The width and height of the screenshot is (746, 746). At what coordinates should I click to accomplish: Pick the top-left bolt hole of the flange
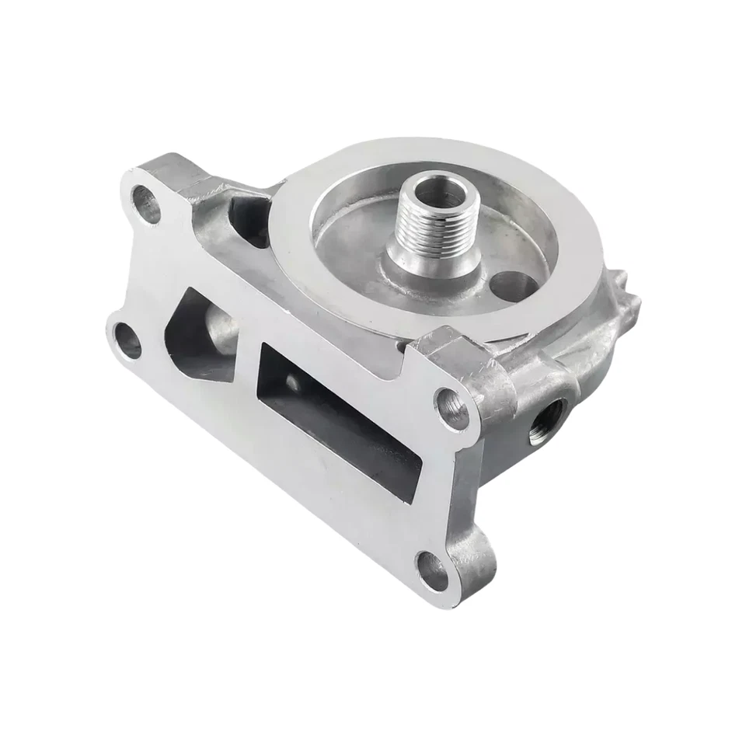coord(145,201)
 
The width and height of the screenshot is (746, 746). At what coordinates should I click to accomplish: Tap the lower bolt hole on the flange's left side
coord(127,340)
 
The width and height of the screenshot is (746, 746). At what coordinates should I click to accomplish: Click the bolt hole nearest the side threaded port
coord(453,407)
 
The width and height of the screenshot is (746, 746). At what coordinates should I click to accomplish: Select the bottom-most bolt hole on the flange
coord(432,570)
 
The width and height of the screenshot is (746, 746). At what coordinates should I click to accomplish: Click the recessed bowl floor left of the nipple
coord(350,233)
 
